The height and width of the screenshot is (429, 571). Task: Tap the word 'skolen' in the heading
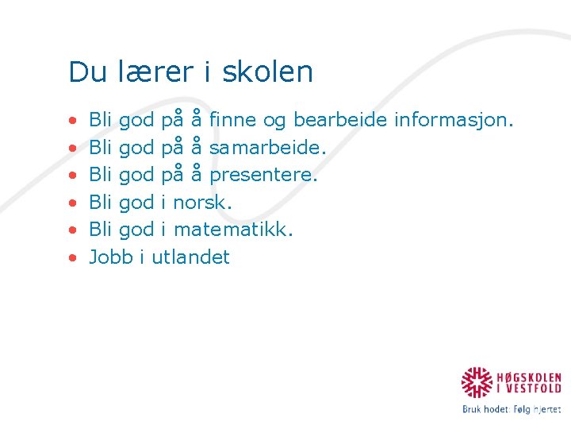click(267, 71)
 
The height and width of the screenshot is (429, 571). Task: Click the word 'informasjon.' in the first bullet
click(454, 120)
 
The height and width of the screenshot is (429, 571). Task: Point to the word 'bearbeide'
click(340, 120)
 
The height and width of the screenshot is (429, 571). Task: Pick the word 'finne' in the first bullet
click(233, 120)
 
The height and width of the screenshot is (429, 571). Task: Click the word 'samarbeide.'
click(267, 147)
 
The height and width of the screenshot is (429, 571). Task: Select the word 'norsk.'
click(202, 202)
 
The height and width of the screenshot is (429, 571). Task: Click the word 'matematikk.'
click(233, 230)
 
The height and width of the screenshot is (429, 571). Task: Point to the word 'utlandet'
click(190, 257)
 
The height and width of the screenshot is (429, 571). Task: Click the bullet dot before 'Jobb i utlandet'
click(72, 257)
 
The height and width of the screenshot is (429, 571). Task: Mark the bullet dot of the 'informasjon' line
click(72, 121)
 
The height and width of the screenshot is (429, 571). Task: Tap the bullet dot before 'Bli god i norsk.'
click(72, 203)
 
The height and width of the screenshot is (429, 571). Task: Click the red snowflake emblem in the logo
click(477, 382)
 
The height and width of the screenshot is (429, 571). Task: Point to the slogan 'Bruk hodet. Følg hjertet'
click(512, 409)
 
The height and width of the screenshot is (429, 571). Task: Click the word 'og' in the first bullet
click(274, 121)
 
